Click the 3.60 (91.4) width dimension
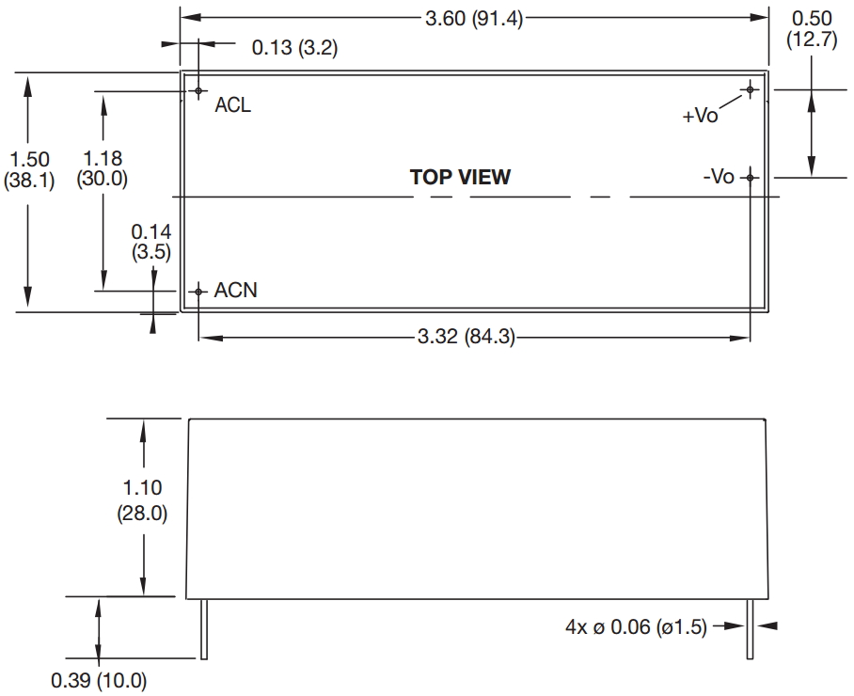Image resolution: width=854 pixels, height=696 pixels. coord(474,18)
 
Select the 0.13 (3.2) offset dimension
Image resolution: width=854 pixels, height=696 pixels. coord(294,48)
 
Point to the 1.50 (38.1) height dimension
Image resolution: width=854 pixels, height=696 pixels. coord(29,170)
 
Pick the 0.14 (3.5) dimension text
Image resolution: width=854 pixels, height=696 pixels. coord(150,240)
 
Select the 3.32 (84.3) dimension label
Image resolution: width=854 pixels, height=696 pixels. coord(466,337)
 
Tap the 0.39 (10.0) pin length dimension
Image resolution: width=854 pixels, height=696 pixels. coord(99,679)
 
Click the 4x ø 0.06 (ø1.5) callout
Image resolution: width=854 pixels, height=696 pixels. coord(635,627)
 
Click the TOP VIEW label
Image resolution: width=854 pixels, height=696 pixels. coord(460,177)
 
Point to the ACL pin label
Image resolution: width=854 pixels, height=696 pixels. coord(233,105)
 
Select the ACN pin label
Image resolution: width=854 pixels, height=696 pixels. coord(235,291)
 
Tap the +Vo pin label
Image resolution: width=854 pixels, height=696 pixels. coord(701,116)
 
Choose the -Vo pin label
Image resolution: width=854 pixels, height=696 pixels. coord(719,177)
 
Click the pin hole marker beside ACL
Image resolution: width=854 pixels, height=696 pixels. coord(198,91)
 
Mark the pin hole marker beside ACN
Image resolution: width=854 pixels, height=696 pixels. coord(198,292)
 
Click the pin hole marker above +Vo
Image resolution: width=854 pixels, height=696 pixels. coord(750,90)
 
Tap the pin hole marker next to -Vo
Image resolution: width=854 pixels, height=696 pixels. coord(750,177)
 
